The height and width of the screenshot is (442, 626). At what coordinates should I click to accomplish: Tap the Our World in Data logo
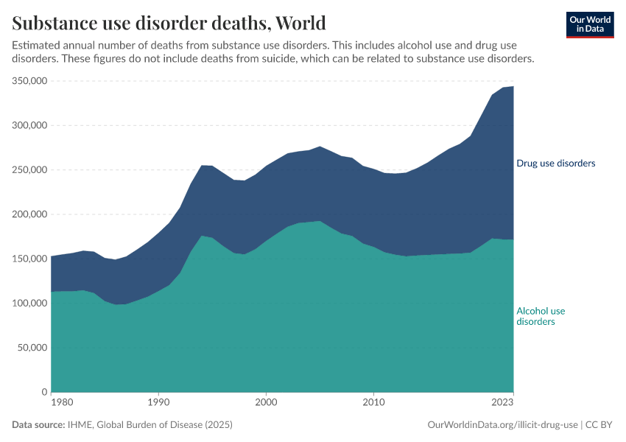click(x=589, y=24)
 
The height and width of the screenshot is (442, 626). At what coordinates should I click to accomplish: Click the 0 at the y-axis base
click(x=44, y=392)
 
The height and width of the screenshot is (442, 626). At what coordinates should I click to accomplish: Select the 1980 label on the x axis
click(x=62, y=403)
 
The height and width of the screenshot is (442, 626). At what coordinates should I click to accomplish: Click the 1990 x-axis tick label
click(x=158, y=403)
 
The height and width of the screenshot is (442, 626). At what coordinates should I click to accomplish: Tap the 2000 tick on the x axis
click(x=266, y=403)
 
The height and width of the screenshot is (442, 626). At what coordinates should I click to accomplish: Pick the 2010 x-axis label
click(x=374, y=403)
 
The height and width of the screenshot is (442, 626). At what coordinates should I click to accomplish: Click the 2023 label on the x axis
click(x=502, y=403)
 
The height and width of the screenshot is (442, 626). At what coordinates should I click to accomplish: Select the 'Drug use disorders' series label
click(x=555, y=163)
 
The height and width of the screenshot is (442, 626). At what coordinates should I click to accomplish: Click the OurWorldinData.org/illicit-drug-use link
click(x=503, y=425)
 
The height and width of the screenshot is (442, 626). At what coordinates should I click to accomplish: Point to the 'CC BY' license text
click(x=600, y=425)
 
